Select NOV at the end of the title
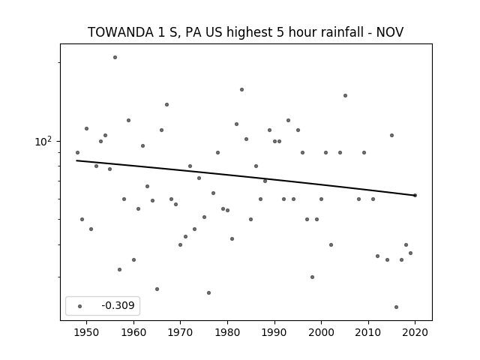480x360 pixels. (x=390, y=32)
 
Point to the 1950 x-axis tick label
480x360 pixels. (x=86, y=332)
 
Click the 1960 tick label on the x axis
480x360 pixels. (x=133, y=332)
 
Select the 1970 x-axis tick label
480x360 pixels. (x=180, y=332)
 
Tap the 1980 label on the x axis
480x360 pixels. (x=227, y=332)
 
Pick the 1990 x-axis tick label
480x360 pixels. (x=274, y=332)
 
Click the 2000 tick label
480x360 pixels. (x=321, y=332)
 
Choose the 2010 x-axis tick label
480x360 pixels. (x=368, y=332)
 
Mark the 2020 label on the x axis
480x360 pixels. (x=415, y=332)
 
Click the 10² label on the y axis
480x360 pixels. (x=43, y=142)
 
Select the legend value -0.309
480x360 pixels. (x=118, y=305)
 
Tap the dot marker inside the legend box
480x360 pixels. (x=79, y=306)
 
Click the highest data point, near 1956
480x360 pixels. (x=115, y=57)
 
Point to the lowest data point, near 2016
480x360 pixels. (x=397, y=307)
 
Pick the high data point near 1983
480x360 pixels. (x=241, y=90)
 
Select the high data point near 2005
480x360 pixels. (x=345, y=95)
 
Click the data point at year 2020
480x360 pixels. (x=415, y=195)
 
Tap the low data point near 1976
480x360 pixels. (x=208, y=293)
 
